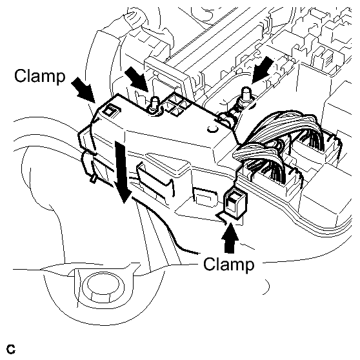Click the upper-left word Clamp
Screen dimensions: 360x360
[x=40, y=76]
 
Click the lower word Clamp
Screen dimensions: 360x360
[x=229, y=265]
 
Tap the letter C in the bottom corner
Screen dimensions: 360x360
[x=11, y=349]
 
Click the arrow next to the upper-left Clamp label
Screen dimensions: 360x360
[x=84, y=90]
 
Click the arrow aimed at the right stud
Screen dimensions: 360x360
[x=263, y=70]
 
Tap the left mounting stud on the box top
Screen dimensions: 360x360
[x=155, y=105]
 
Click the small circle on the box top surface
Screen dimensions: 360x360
[x=213, y=129]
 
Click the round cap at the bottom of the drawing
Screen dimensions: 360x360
[x=103, y=286]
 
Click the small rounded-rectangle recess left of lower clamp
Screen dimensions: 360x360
[x=205, y=197]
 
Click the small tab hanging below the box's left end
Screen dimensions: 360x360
[x=93, y=179]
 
